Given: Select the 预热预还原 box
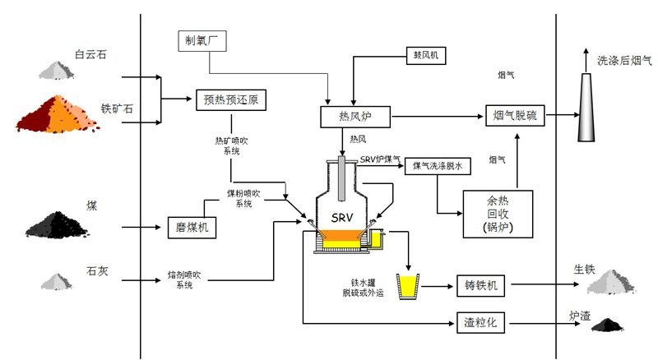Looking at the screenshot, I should [x=231, y=100].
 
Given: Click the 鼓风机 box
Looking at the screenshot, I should [x=426, y=56].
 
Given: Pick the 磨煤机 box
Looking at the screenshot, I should [x=191, y=226].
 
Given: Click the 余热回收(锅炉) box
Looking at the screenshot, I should [x=497, y=214].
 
